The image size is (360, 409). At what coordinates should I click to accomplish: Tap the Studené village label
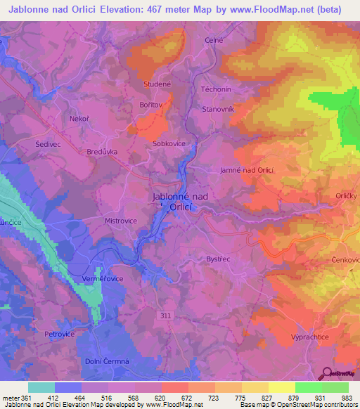coord(155,84)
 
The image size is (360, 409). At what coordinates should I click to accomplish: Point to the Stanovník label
coord(217,109)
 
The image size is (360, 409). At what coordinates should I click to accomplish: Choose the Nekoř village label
coord(77,119)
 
